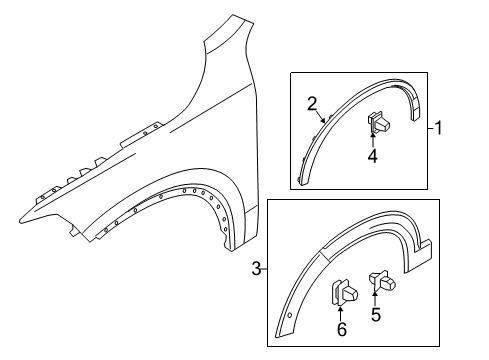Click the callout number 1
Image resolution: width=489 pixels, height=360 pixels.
(x=438, y=128)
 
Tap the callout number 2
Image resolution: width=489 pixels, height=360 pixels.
(x=312, y=103)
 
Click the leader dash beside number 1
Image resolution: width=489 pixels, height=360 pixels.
(x=427, y=128)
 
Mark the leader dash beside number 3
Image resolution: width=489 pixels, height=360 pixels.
(x=263, y=268)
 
